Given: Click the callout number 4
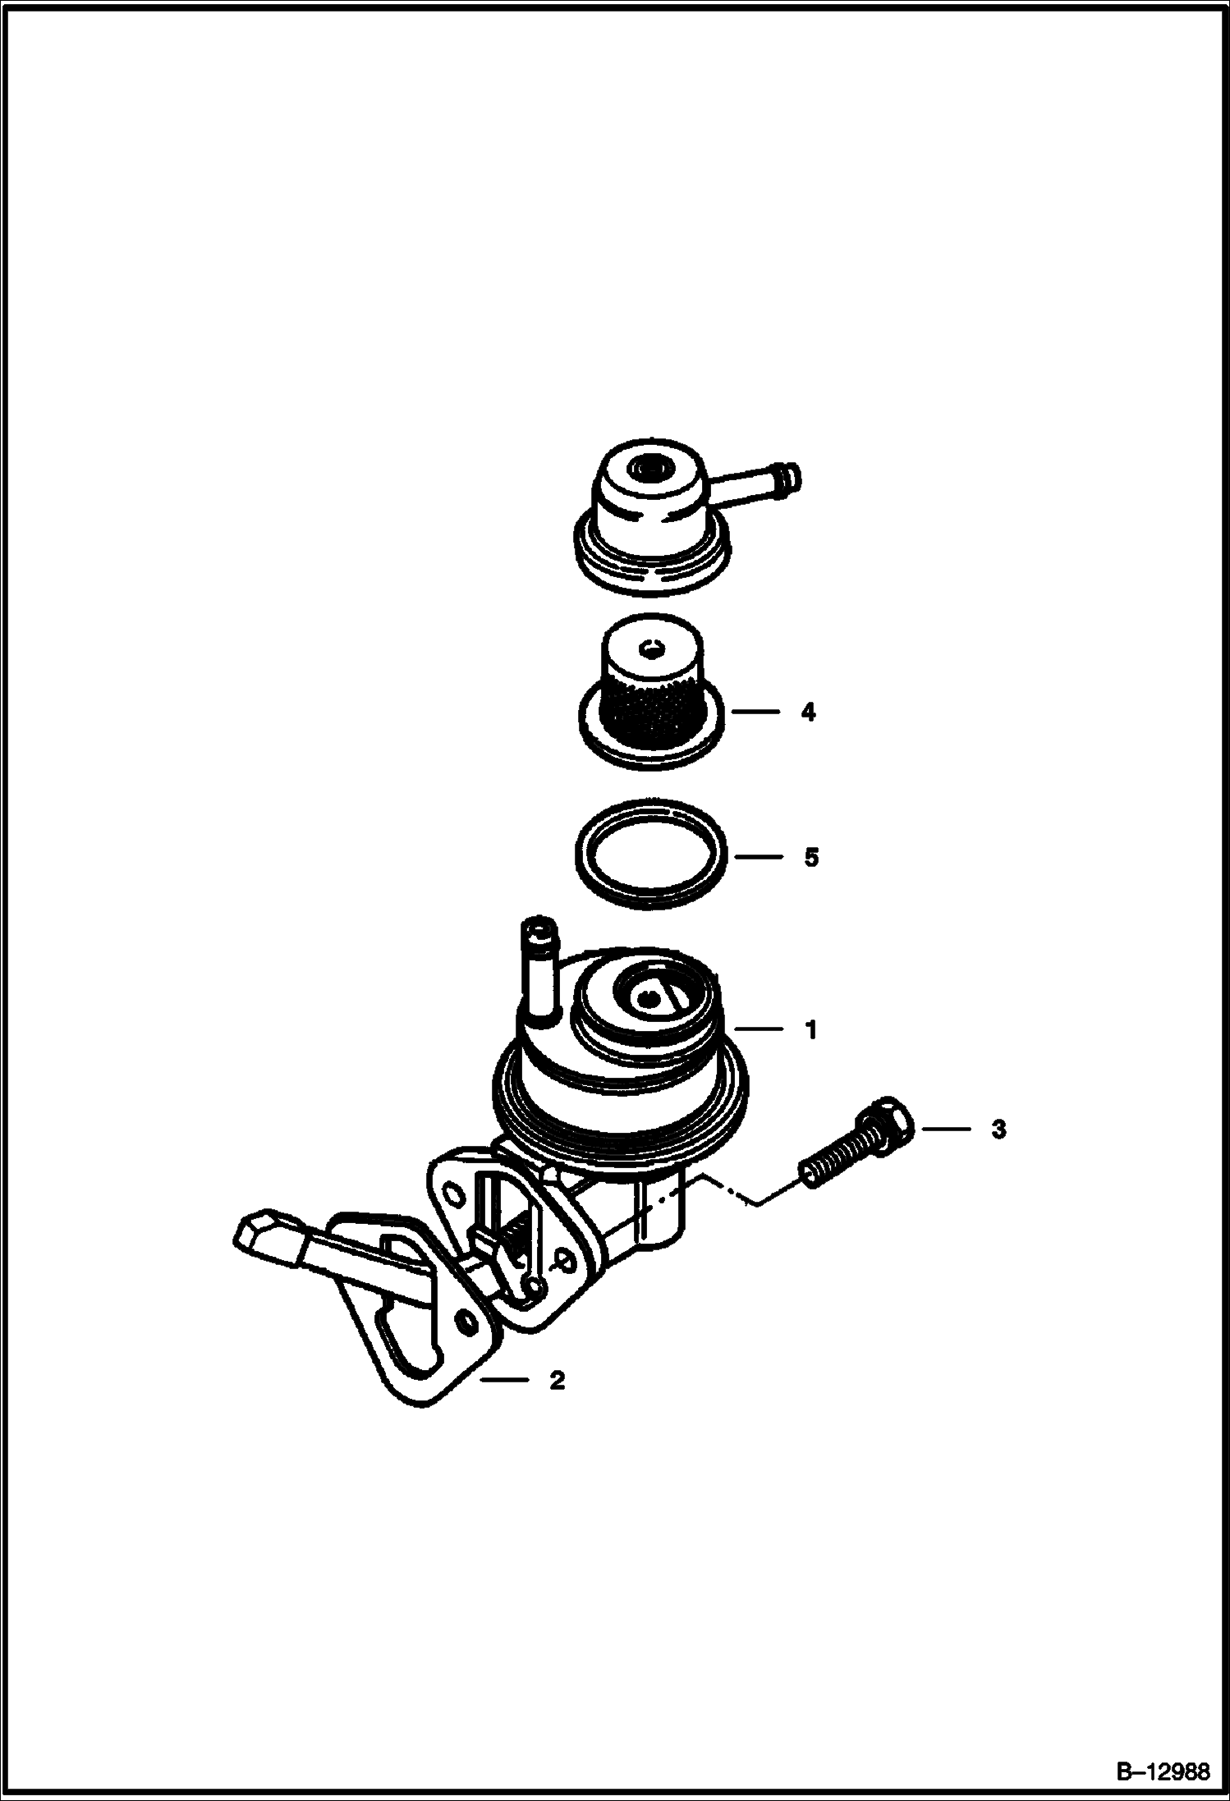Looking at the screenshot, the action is (809, 713).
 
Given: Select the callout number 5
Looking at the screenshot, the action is (811, 858).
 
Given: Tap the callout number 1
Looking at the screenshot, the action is (811, 1029).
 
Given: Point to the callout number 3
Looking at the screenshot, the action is (998, 1130).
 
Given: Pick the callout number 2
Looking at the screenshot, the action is (558, 1381).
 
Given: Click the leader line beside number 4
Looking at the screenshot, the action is (755, 713).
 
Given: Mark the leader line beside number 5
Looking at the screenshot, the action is (759, 858).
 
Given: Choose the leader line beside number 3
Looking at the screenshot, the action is (947, 1130).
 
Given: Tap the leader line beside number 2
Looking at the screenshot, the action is (504, 1381).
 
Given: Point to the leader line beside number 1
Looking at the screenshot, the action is (759, 1029).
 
